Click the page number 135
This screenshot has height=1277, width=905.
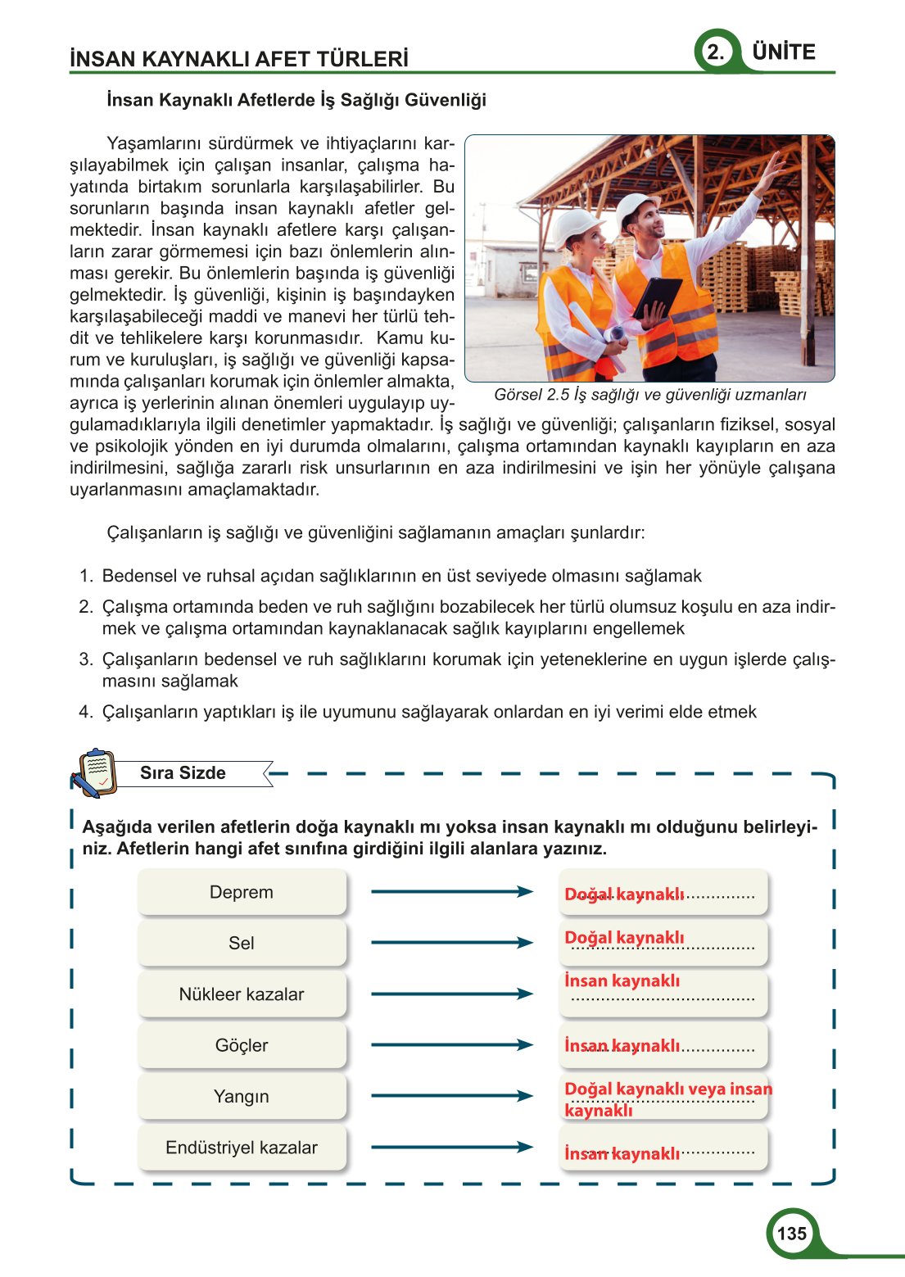point(791,1234)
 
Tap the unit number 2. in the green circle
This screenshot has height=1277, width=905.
point(716,52)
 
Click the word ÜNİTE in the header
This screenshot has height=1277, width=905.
point(784,52)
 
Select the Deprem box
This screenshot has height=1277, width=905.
point(242,892)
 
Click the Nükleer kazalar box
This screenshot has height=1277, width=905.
point(242,994)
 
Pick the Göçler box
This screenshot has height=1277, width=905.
point(242,1045)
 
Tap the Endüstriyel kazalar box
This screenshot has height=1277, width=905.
point(242,1148)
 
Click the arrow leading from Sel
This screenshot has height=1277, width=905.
point(451,943)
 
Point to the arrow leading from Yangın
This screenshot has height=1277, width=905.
point(451,1096)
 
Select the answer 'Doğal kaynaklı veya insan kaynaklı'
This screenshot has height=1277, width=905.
point(667,1098)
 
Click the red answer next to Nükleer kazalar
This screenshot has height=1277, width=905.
point(622,980)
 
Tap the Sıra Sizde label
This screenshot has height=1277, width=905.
point(183,772)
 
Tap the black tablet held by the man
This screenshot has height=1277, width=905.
point(656,297)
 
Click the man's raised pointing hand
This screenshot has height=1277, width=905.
point(772,170)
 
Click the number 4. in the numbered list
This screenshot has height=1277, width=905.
point(86,712)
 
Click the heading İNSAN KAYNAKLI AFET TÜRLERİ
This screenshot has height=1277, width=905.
point(238,59)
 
